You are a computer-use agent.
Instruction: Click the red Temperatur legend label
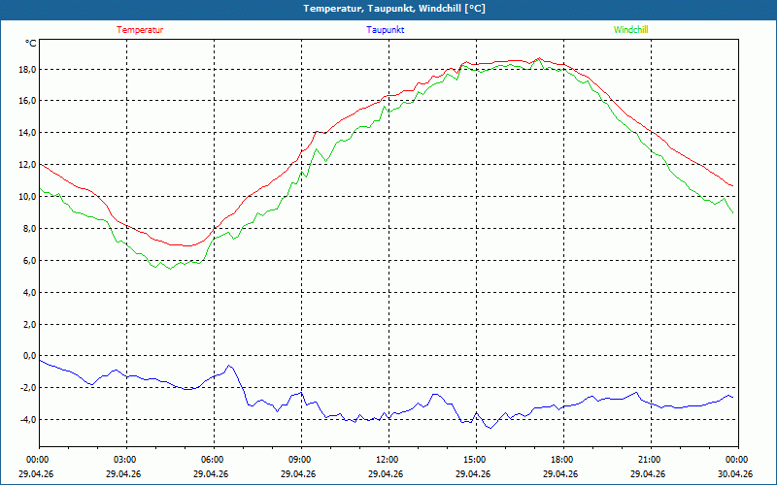point(140,30)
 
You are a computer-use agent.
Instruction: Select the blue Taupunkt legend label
point(385,30)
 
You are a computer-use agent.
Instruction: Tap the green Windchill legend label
point(630,30)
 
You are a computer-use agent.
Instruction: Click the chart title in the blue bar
point(394,9)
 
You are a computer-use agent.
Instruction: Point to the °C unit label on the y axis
point(31,44)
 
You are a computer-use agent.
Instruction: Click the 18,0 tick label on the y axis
point(28,69)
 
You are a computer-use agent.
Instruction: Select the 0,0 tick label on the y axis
point(30,355)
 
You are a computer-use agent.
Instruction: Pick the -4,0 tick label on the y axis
point(28,419)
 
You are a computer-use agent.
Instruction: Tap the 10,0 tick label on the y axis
point(28,197)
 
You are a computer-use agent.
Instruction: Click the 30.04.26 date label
point(735,473)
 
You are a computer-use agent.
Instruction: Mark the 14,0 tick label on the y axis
point(28,133)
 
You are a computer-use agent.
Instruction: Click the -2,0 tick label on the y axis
point(28,387)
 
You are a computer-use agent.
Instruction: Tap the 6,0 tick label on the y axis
point(30,260)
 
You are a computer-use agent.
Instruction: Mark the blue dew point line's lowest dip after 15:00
point(490,428)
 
